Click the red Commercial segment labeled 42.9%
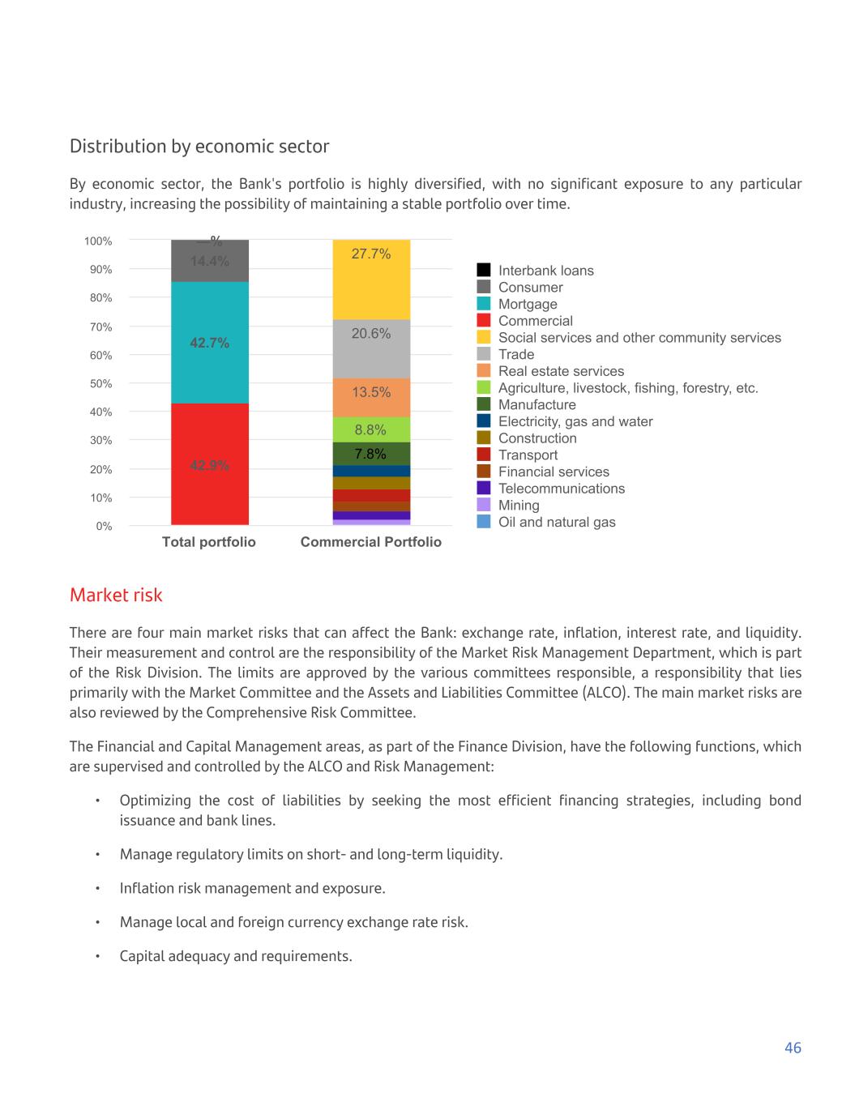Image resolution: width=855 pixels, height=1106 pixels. pyautogui.click(x=209, y=464)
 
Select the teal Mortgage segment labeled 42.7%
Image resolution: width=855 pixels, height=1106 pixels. pyautogui.click(x=209, y=343)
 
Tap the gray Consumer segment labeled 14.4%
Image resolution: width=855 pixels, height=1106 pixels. pyautogui.click(x=209, y=262)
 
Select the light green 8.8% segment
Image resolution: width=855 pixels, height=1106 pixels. pyautogui.click(x=371, y=429)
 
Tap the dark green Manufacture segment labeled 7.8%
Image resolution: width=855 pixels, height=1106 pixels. pyautogui.click(x=371, y=454)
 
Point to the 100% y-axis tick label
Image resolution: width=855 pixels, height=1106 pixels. pyautogui.click(x=98, y=241)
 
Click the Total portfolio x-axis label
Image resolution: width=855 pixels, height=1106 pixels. pyautogui.click(x=209, y=542)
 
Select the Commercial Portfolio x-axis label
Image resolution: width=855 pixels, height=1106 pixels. pyautogui.click(x=371, y=542)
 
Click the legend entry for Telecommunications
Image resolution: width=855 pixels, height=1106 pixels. pyautogui.click(x=561, y=489)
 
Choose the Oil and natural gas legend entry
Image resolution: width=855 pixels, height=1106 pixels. pyautogui.click(x=557, y=522)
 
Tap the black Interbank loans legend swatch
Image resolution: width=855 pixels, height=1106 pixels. pyautogui.click(x=484, y=270)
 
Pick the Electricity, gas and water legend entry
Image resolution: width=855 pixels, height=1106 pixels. pyautogui.click(x=575, y=421)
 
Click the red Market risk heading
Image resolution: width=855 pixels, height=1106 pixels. pyautogui.click(x=116, y=595)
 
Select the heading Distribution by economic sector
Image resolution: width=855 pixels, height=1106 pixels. pyautogui.click(x=199, y=147)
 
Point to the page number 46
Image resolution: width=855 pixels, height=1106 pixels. pyautogui.click(x=793, y=1048)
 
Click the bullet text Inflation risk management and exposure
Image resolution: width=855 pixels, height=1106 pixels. pyautogui.click(x=252, y=888)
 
